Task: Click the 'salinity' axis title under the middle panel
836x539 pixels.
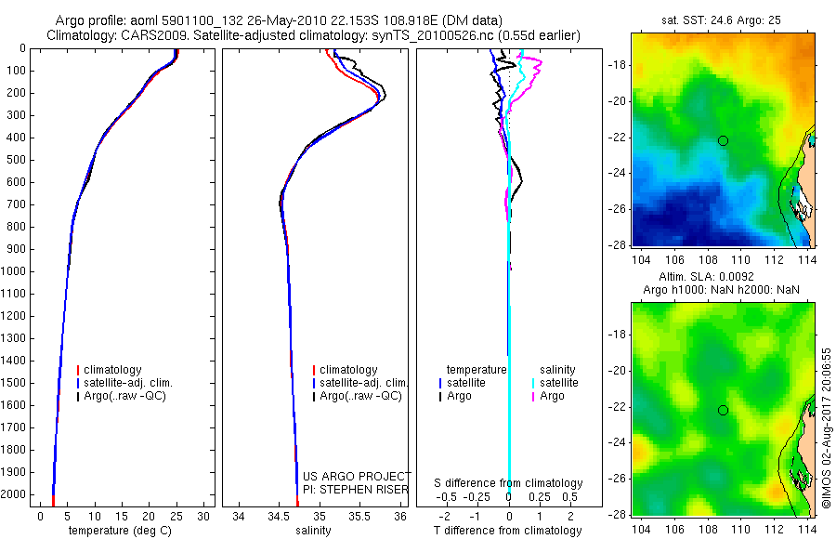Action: click(313, 531)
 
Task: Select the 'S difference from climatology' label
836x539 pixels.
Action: click(508, 483)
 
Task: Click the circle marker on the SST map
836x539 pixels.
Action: click(723, 140)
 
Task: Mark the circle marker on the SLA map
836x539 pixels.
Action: click(723, 410)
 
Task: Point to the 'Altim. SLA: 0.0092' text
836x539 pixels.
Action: click(722, 277)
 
